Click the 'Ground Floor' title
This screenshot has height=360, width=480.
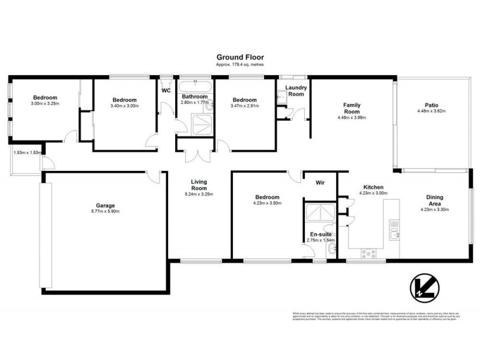pyautogui.click(x=239, y=58)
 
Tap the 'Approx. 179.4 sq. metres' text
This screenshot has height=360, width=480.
pyautogui.click(x=239, y=64)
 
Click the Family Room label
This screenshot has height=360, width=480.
pyautogui.click(x=352, y=109)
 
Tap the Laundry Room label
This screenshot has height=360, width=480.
pyautogui.click(x=296, y=91)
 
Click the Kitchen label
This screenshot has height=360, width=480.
pyautogui.click(x=373, y=187)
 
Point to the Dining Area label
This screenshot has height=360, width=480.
pyautogui.click(x=435, y=200)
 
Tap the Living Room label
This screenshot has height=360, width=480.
pyautogui.click(x=199, y=185)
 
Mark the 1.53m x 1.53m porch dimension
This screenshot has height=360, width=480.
pyautogui.click(x=26, y=153)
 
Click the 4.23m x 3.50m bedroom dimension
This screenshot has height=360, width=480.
pyautogui.click(x=267, y=203)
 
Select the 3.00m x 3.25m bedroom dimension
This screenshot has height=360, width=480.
pyautogui.click(x=44, y=104)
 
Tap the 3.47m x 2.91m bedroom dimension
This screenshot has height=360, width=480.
pyautogui.click(x=245, y=106)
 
